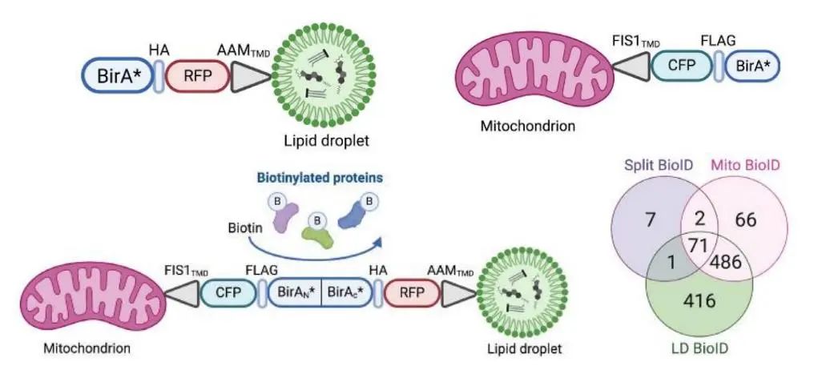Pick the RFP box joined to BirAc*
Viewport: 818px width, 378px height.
410,294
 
